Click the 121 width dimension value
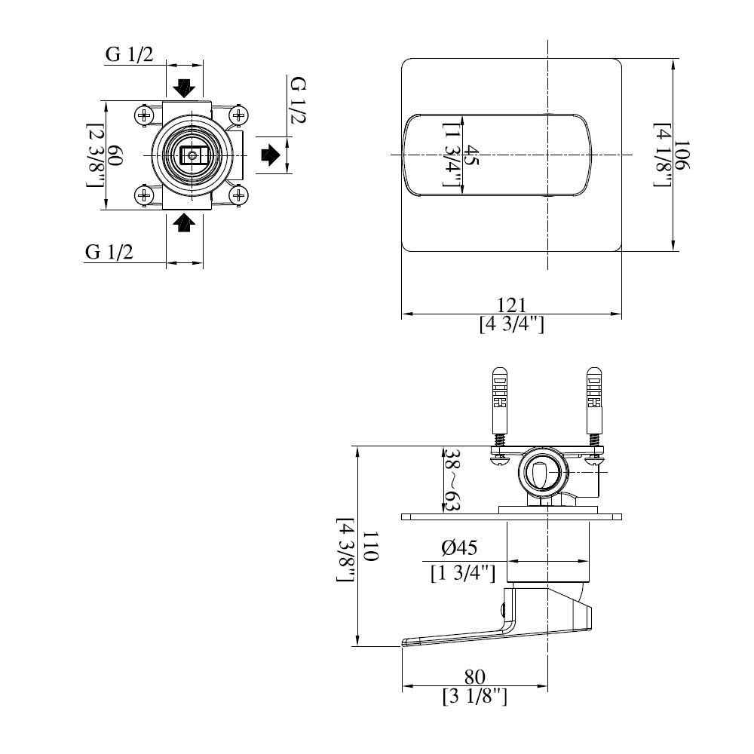click(x=511, y=305)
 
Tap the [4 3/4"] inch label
click(x=511, y=324)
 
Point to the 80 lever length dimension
click(x=475, y=676)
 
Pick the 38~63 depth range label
click(x=451, y=481)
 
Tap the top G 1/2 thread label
click(x=130, y=54)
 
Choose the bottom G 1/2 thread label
click(x=109, y=253)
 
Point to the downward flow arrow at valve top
click(x=184, y=87)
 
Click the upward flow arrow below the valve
click(x=184, y=223)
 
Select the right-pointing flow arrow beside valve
click(x=271, y=156)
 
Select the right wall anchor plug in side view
click(x=595, y=400)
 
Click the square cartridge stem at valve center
click(x=192, y=156)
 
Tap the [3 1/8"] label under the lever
click(x=475, y=697)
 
